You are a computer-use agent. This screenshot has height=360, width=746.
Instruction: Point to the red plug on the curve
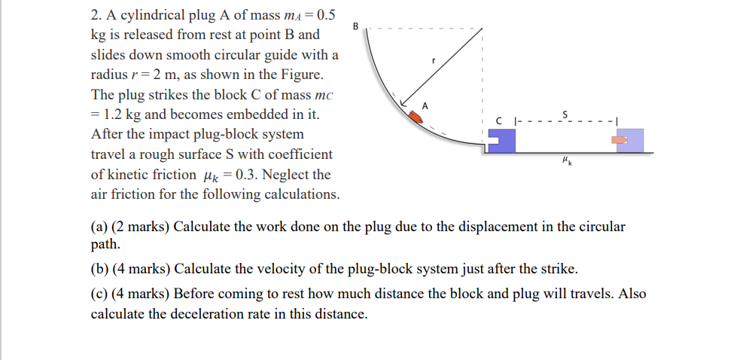(x=416, y=117)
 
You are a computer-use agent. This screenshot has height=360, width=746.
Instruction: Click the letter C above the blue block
(x=498, y=121)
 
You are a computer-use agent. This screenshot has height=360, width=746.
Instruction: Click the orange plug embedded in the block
(x=619, y=140)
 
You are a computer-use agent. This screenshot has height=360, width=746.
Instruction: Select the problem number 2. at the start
(x=97, y=15)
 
